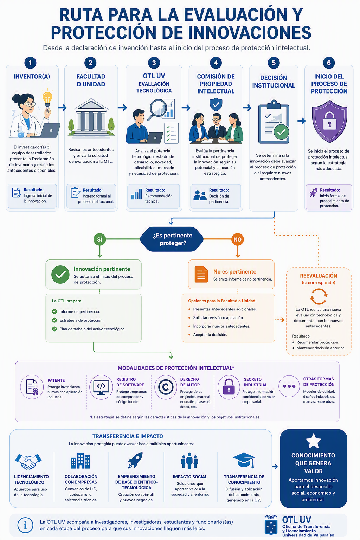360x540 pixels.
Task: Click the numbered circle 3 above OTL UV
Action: point(154,63)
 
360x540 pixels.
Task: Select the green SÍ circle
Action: point(99,239)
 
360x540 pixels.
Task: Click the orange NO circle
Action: point(238,239)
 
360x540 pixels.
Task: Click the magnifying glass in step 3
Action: point(157,109)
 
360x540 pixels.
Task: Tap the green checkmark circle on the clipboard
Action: point(281,132)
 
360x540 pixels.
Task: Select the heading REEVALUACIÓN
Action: point(319,276)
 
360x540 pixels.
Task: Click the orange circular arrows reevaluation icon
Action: point(319,297)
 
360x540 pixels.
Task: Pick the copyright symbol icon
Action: point(166,387)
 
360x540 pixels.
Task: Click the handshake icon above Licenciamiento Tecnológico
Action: point(28,461)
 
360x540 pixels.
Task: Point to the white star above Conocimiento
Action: point(313,441)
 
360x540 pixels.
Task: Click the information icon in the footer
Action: point(25,525)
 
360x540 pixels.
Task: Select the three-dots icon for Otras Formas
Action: point(289,386)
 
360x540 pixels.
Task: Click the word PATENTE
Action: point(56,380)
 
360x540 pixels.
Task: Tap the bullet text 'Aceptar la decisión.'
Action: point(210,335)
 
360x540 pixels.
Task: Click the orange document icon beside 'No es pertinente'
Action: point(201,274)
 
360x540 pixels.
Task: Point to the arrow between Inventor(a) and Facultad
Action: point(62,108)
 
